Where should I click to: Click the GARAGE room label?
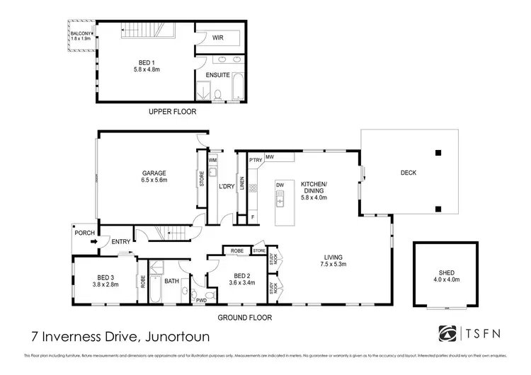tap(153, 173)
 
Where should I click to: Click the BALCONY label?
tap(81, 33)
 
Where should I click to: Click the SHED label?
tap(446, 275)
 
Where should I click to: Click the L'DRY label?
tap(226, 186)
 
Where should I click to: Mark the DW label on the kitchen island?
tap(280, 185)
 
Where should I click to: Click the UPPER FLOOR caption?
tap(173, 112)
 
